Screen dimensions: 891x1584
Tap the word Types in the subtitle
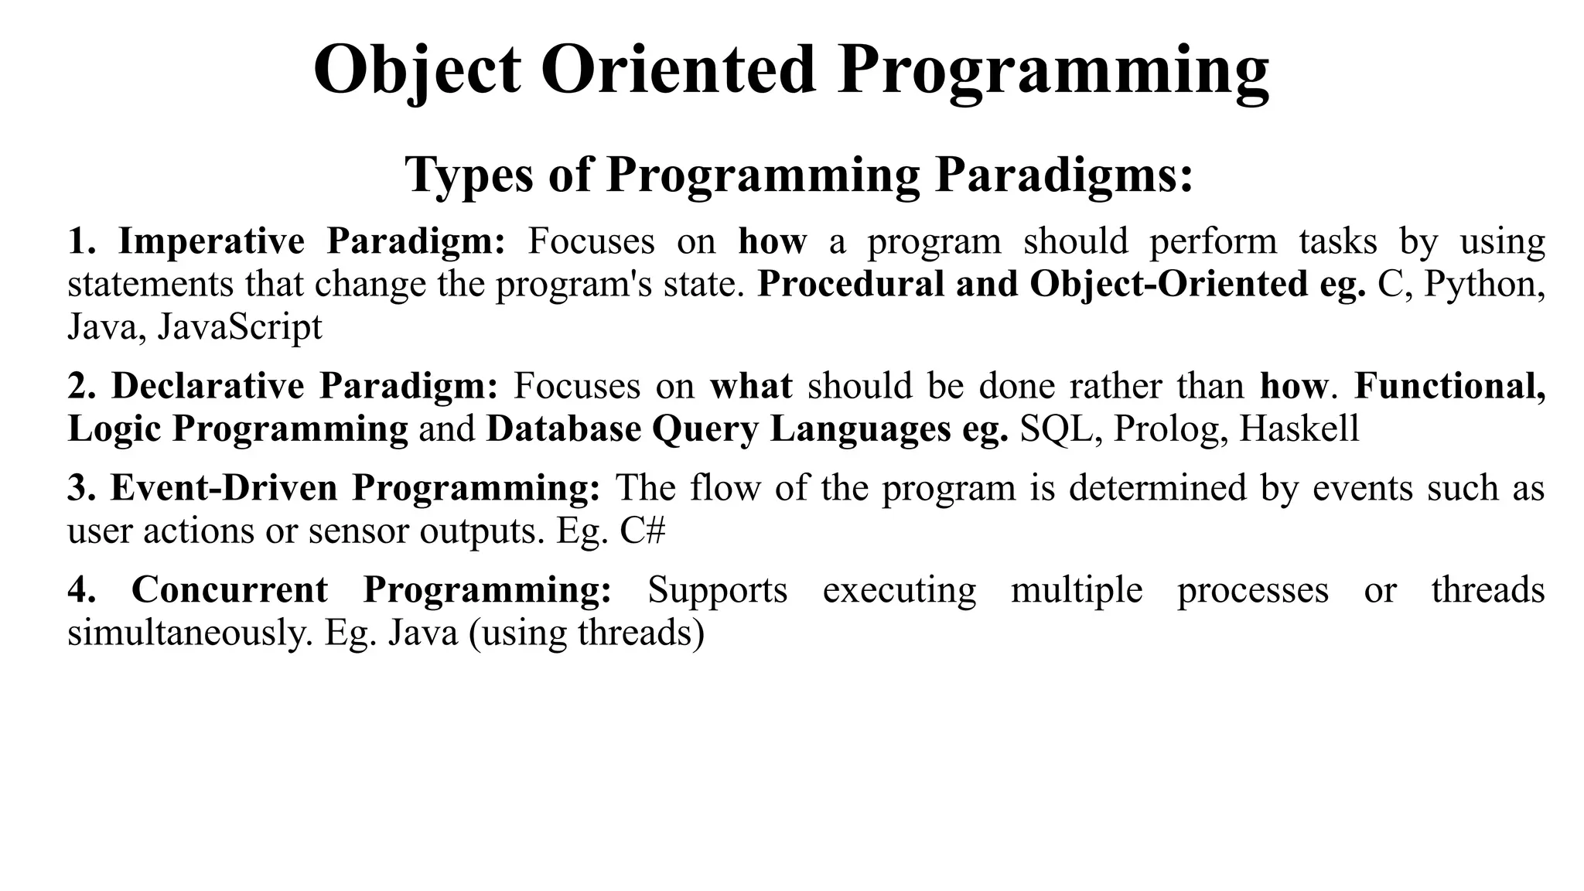tap(469, 174)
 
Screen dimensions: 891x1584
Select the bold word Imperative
tap(211, 241)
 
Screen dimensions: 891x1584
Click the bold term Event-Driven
tap(224, 488)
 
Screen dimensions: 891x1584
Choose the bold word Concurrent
tap(230, 590)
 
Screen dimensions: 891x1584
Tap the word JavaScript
tap(240, 327)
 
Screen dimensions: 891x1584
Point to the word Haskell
tap(1299, 429)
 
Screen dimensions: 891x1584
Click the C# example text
tap(642, 531)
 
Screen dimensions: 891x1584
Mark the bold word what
tap(751, 386)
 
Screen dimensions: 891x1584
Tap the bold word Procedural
tap(850, 285)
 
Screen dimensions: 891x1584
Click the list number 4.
tap(80, 590)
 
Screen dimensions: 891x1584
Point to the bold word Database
tap(563, 429)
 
